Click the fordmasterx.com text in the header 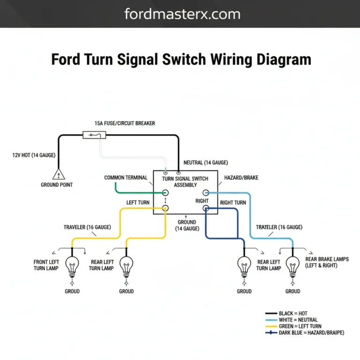tap(182, 14)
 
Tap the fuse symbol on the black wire tap(94, 135)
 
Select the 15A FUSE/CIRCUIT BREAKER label tap(125, 123)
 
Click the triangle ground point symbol tap(59, 175)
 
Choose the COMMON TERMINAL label tap(126, 178)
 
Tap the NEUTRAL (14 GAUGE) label tap(206, 163)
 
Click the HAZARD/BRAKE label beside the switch tap(241, 178)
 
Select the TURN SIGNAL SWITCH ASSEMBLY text tap(185, 182)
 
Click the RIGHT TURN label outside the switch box tap(233, 203)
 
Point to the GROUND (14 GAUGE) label tap(187, 225)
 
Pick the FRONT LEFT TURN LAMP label tap(46, 265)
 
